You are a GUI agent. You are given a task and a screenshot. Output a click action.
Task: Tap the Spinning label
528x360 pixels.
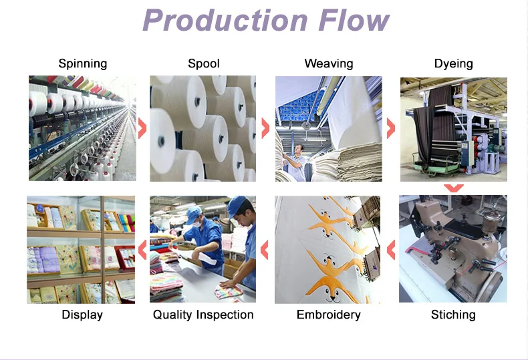83,63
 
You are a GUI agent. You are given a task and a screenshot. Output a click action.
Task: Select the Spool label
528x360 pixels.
204,63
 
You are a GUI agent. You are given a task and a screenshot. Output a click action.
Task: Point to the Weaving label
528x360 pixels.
329,63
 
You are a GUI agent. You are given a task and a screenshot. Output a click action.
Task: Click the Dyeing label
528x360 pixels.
453,63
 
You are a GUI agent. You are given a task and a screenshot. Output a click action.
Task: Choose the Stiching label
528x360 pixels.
453,315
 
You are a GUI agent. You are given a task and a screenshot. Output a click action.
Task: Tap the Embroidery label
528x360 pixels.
328,315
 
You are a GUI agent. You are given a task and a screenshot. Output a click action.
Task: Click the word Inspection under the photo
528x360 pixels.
224,315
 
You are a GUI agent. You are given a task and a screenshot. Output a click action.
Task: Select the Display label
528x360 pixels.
82,315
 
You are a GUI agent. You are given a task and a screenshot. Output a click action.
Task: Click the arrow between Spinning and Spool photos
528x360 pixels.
142,128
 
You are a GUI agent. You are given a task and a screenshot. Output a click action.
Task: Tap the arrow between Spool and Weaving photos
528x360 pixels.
265,128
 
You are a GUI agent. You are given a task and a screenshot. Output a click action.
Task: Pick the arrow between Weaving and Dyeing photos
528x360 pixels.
390,128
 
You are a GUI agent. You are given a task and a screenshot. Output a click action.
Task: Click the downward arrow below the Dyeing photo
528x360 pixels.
454,188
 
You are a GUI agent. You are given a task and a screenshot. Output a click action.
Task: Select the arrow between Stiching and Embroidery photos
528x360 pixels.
392,250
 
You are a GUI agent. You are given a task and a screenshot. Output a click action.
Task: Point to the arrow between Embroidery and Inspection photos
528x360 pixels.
265,250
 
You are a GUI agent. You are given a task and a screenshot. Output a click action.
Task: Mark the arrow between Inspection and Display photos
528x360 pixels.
142,250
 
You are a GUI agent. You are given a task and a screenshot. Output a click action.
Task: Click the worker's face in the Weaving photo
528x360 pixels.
298,149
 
